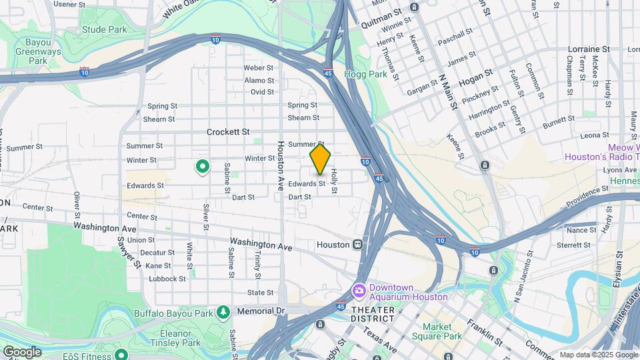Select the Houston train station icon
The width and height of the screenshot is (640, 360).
tap(358, 245)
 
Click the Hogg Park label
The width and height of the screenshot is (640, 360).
tap(365, 75)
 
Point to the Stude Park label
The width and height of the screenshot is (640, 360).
tap(104, 29)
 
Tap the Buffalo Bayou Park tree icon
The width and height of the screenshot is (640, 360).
tap(223, 312)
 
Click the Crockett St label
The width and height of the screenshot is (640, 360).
tap(228, 132)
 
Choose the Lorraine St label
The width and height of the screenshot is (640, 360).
tap(589, 49)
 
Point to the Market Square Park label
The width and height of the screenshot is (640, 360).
tap(442, 331)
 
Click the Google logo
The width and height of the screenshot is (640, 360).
tap(22, 351)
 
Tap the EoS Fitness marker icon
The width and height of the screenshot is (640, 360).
tap(121, 354)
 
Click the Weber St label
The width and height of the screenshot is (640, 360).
tap(259, 68)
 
